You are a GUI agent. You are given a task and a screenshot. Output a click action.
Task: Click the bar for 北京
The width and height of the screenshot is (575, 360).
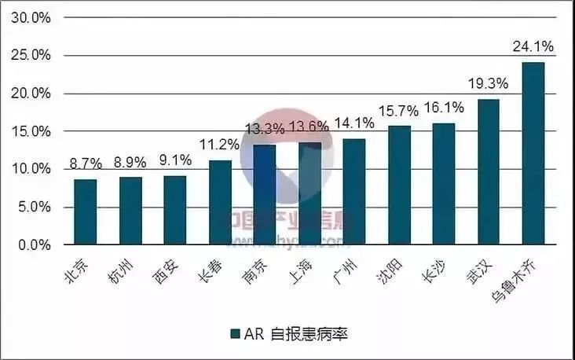85,212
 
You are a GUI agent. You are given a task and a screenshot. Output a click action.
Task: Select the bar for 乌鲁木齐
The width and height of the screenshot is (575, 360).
533,154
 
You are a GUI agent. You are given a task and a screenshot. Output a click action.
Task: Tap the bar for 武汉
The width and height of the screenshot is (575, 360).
488,172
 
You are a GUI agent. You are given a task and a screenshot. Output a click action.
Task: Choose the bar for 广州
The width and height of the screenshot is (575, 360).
353,192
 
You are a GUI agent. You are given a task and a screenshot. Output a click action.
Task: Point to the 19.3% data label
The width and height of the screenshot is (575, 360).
487,83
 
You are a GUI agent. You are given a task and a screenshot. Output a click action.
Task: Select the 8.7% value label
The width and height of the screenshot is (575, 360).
86,164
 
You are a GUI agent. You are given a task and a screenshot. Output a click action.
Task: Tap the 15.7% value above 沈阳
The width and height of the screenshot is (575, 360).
399,111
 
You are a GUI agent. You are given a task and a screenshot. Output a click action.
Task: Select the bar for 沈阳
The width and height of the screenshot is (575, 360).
399,186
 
